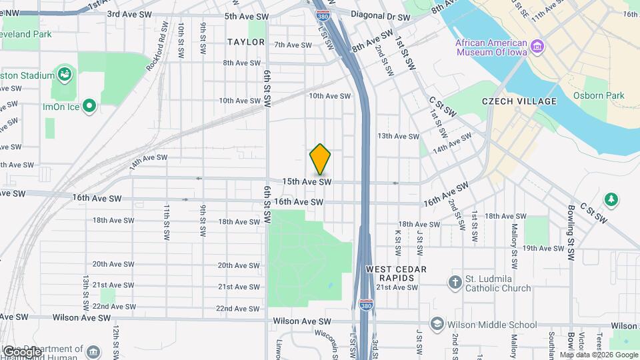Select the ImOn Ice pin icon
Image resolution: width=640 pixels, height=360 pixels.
tap(89, 106)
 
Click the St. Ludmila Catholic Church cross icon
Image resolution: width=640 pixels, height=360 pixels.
tap(455, 282)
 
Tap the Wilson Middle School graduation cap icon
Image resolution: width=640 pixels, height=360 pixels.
tap(437, 325)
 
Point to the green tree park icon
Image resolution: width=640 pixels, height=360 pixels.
tap(611, 199)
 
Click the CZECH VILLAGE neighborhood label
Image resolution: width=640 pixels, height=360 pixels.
tap(519, 101)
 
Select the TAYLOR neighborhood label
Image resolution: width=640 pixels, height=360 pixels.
tap(246, 42)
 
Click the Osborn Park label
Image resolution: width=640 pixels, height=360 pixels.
tap(599, 95)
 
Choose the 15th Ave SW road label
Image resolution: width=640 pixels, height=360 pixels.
tap(307, 181)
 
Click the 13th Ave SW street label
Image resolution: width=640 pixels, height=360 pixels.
tap(398, 136)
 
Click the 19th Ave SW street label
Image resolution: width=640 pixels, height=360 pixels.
tap(543, 248)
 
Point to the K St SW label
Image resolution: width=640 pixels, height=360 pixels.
tap(397, 243)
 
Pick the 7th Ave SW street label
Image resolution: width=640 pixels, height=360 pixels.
tap(293, 45)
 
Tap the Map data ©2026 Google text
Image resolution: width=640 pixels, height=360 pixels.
tap(599, 355)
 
